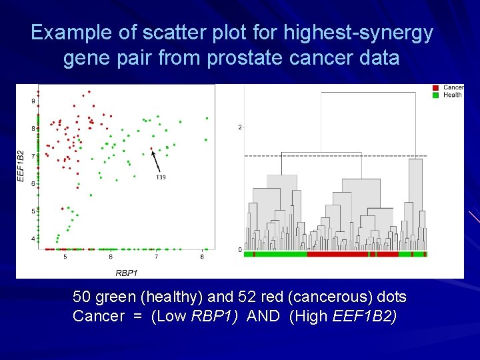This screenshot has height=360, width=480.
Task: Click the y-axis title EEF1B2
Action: coord(21,166)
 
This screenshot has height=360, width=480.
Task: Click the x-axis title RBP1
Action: coord(126,273)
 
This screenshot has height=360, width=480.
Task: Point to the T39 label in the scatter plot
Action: coord(161,177)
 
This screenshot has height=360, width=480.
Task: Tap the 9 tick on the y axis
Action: coord(33,101)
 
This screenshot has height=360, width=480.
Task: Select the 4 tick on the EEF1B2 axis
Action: coord(33,239)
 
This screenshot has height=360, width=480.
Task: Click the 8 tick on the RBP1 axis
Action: coord(202,257)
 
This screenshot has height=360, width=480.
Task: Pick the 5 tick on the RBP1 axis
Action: coord(65,257)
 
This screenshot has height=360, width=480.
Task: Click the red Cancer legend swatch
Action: coord(435,87)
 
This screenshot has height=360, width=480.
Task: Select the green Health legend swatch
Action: coord(435,95)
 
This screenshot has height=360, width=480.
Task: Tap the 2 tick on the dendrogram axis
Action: coord(240,127)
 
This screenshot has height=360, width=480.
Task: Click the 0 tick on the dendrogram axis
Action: coord(240,250)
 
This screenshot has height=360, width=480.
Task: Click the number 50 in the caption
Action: coord(83,297)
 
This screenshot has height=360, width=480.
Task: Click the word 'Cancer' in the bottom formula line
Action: coord(98,316)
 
